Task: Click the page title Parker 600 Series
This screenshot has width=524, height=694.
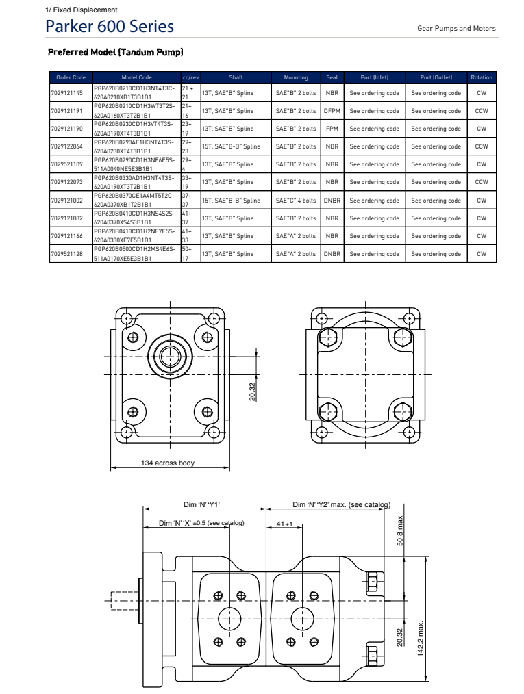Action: [x=109, y=27]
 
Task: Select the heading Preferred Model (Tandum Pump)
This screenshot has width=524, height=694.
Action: [x=115, y=52]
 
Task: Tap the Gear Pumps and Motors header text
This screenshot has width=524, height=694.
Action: [x=456, y=29]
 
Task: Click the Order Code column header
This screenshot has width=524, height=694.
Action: [x=71, y=77]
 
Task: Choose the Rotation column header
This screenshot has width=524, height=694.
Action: [x=482, y=77]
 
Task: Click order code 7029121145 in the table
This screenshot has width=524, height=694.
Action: [x=67, y=92]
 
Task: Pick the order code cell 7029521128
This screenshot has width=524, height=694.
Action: [x=67, y=254]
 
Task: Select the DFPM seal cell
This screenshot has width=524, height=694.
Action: [x=332, y=111]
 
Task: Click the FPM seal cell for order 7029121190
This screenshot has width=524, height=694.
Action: [x=332, y=129]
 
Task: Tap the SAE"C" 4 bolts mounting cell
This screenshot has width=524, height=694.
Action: [x=296, y=201]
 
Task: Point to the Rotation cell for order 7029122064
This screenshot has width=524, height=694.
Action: [x=482, y=146]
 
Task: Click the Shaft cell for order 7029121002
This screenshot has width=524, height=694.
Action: [x=231, y=201]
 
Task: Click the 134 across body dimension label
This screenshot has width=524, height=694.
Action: [x=168, y=463]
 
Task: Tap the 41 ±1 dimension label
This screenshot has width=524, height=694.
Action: [x=284, y=524]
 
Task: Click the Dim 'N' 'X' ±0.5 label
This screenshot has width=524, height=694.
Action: [x=201, y=524]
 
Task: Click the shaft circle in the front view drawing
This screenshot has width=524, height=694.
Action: [x=168, y=355]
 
